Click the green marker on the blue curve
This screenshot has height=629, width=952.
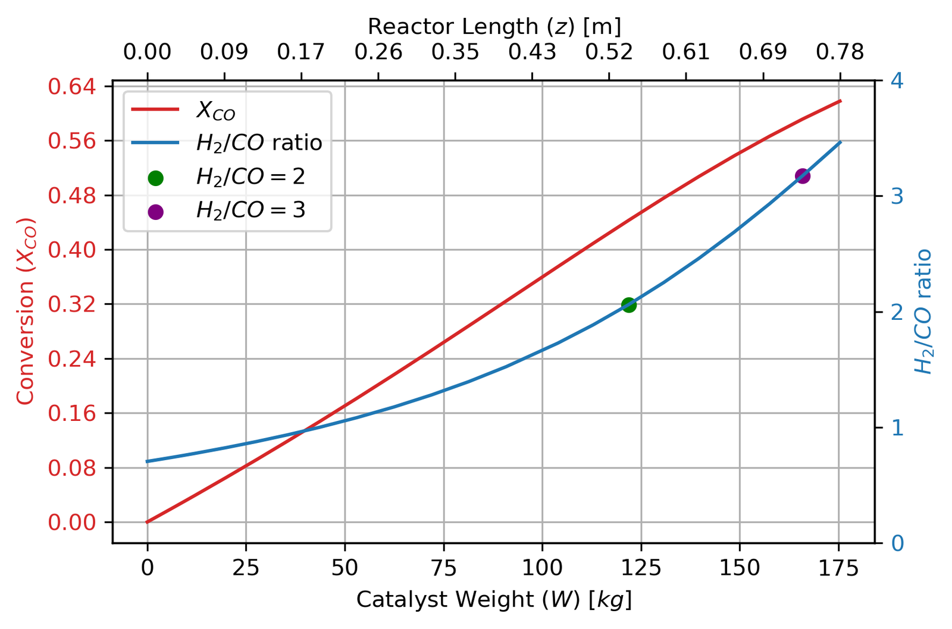coord(629,305)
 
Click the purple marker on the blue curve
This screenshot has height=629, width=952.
coord(802,176)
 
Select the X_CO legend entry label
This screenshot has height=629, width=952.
coord(215,111)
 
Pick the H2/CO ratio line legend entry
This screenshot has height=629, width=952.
coord(259,143)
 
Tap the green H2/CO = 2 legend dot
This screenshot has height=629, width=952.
coord(155,178)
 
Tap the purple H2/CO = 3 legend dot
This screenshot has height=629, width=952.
coord(155,212)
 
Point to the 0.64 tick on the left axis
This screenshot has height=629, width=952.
coord(80,87)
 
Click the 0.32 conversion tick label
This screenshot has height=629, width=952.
coord(80,304)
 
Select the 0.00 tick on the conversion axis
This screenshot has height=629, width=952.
coord(80,523)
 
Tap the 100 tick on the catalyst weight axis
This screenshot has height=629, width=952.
coord(542,568)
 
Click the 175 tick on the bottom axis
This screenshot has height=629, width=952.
coord(839,568)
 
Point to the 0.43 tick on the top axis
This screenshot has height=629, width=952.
coord(532,53)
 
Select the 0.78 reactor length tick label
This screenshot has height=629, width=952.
coord(840,53)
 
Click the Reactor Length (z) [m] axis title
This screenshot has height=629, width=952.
coord(494,27)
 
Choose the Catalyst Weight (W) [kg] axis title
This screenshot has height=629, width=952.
coord(494,600)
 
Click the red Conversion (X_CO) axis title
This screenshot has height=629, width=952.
coord(26,312)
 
